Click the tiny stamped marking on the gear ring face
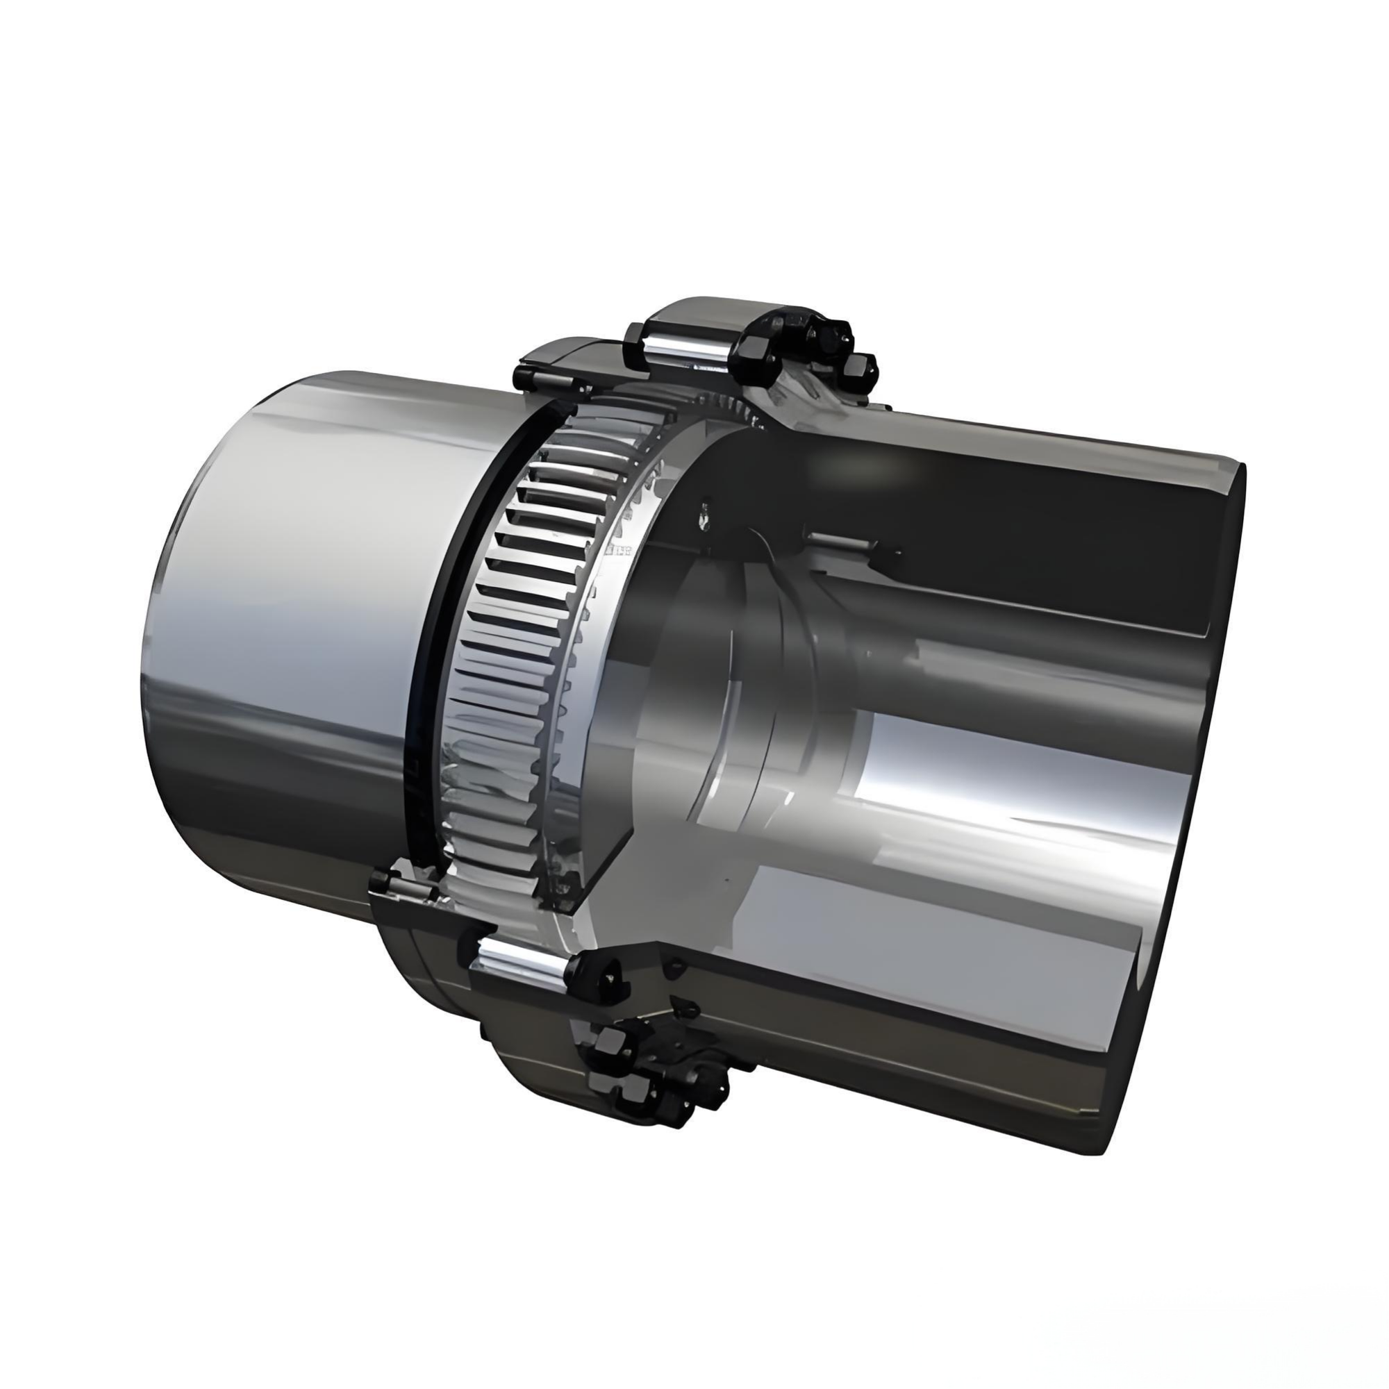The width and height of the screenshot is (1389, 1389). point(619,551)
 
